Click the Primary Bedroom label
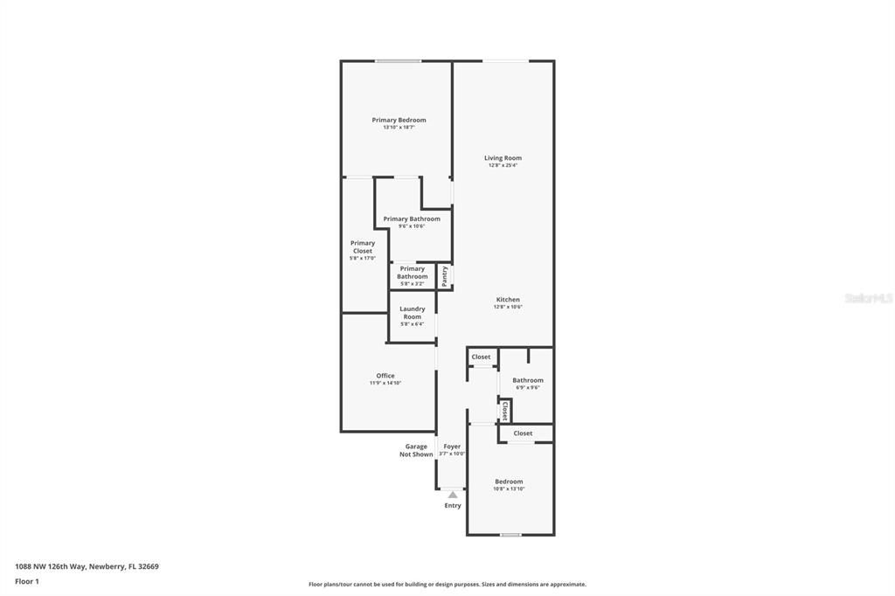(399, 120)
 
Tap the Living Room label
(503, 158)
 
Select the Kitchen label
(507, 300)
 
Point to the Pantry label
(445, 276)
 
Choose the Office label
(385, 376)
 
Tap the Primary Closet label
(363, 247)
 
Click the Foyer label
(452, 447)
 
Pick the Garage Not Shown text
(416, 450)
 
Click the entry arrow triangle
(453, 495)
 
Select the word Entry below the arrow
(453, 506)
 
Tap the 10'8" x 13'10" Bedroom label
(509, 482)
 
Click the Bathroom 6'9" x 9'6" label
(528, 380)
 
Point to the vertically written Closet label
(504, 411)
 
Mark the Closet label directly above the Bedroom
(523, 433)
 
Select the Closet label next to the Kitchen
(481, 357)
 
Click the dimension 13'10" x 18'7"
(399, 128)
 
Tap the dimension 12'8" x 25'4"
(503, 165)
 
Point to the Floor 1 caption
(27, 581)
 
